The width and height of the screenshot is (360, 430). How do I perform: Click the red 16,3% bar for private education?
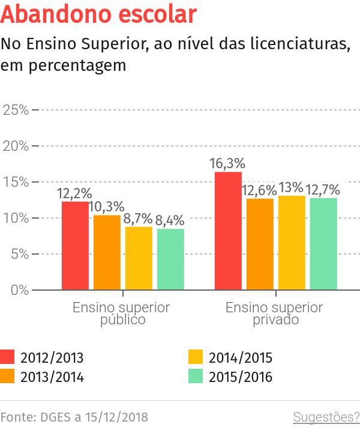[229, 231]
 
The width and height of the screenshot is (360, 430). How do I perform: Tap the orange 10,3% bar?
[107, 252]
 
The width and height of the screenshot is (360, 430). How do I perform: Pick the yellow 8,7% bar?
[139, 258]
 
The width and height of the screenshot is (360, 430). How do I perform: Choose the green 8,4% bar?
[170, 259]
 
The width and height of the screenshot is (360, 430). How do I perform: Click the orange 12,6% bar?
[260, 244]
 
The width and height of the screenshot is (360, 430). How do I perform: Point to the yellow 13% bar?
[292, 243]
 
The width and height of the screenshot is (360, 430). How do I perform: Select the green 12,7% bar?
[323, 243]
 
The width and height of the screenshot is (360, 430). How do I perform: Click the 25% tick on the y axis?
[16, 110]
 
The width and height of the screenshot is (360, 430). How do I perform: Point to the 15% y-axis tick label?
[16, 182]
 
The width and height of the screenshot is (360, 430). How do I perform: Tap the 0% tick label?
[19, 290]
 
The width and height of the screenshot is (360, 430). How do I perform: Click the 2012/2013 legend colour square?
[7, 358]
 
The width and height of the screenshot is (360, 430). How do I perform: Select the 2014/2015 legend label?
[240, 359]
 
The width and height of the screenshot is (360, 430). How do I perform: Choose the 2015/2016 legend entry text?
[240, 377]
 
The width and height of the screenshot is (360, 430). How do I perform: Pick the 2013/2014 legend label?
[52, 377]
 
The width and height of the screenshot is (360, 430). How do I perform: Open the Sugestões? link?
[326, 417]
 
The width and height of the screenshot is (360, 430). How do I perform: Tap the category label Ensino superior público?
[122, 313]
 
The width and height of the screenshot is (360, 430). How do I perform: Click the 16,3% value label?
[228, 163]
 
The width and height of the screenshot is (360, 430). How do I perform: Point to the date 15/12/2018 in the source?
[116, 417]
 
